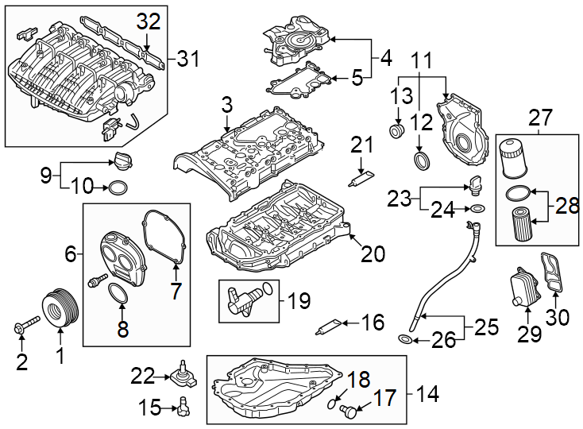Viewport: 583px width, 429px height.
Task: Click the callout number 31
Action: tap(188, 58)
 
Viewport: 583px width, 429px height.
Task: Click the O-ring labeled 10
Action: tap(118, 188)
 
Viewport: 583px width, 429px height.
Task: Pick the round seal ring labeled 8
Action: tap(118, 295)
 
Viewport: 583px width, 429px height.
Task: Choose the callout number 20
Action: tap(373, 254)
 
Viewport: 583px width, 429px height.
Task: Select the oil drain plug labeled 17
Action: tap(346, 410)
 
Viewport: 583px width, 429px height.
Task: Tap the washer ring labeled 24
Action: tap(477, 209)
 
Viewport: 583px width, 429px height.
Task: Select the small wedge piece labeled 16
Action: tap(332, 324)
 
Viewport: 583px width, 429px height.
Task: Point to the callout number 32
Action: tap(148, 22)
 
